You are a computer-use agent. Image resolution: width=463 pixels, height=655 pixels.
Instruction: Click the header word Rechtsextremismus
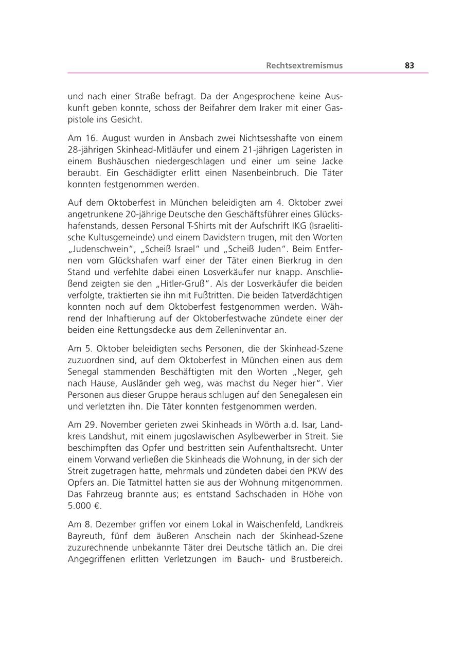[304, 65]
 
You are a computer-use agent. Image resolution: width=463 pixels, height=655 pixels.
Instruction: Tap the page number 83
[409, 65]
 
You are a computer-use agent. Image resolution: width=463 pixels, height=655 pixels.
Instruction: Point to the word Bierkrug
[295, 260]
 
